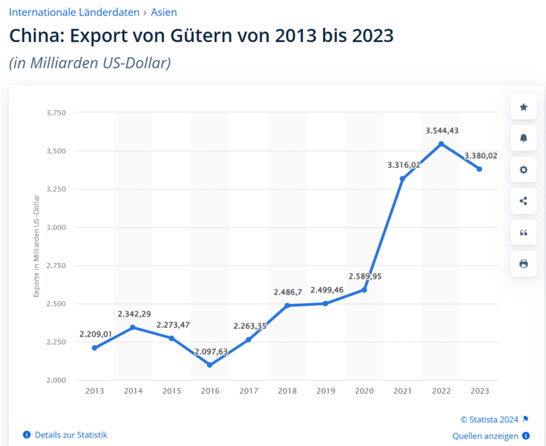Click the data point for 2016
210,365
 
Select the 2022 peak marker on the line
441,144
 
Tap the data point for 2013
94,348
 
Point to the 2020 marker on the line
364,290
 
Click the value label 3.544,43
442,130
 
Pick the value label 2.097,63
212,351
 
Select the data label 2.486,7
288,292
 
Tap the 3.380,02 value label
481,156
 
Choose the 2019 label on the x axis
326,391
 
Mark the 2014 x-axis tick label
133,391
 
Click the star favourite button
523,107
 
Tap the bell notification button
523,138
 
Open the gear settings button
523,169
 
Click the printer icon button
523,263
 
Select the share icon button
523,201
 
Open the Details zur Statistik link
71,435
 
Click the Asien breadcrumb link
164,12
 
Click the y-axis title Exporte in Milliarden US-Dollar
36,255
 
